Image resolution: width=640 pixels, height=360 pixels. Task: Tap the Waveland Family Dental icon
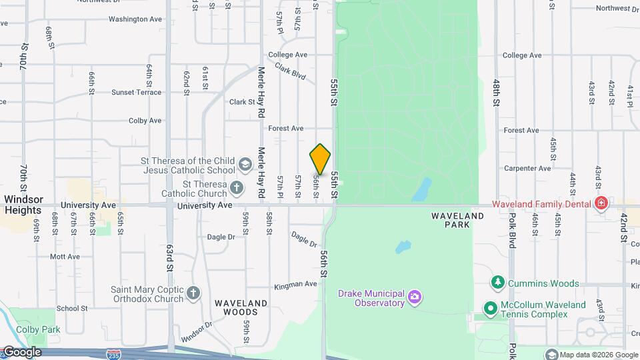(x=601, y=203)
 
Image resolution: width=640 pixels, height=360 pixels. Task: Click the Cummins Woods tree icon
(x=497, y=283)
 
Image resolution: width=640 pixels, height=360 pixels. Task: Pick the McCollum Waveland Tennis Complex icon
(x=491, y=308)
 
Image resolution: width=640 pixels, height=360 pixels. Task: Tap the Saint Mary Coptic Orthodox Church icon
(x=193, y=293)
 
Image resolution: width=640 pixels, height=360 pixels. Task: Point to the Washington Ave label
(x=135, y=19)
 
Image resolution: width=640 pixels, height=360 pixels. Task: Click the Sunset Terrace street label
(x=136, y=92)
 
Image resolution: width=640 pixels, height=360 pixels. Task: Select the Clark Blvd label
(x=290, y=72)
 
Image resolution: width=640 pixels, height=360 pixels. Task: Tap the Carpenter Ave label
(x=530, y=169)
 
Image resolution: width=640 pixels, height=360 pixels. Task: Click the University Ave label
(x=205, y=205)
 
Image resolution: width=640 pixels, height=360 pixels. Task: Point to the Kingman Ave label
(x=295, y=285)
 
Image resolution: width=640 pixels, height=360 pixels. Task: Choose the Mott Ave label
(x=65, y=256)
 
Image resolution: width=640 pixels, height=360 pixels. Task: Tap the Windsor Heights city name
(x=24, y=205)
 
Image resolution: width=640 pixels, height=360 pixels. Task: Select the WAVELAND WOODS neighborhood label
(x=241, y=307)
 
